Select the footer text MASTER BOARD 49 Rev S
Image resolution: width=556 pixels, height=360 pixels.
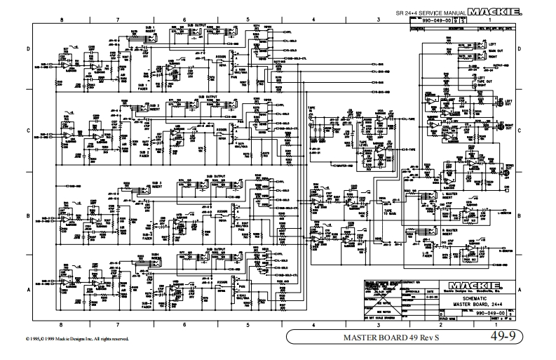click(x=382, y=338)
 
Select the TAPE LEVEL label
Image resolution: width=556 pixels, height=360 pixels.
click(x=365, y=140)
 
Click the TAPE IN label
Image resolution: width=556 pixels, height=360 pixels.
click(x=311, y=109)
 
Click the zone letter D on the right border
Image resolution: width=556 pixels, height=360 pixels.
click(x=518, y=49)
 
